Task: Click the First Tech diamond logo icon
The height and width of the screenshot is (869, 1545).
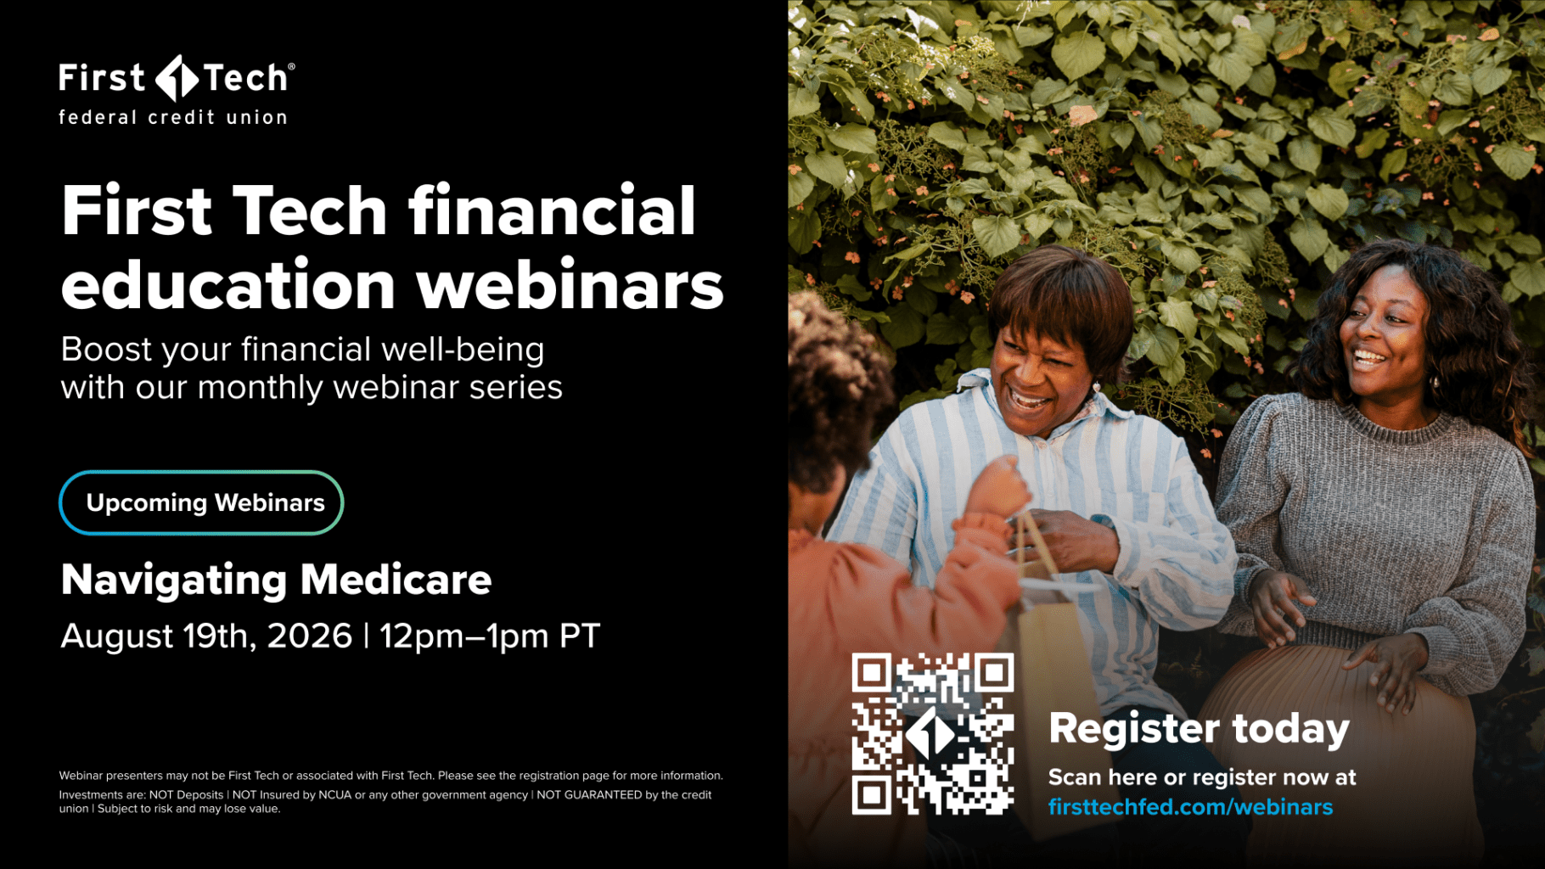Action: (x=177, y=78)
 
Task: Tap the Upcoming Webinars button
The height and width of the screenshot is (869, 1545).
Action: (x=201, y=502)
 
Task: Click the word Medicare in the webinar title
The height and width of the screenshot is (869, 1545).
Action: (x=396, y=580)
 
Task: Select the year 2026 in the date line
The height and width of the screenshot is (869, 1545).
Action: (x=309, y=636)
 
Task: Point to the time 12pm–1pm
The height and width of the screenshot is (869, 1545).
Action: (x=463, y=636)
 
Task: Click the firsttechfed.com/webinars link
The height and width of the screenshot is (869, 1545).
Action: (x=1190, y=807)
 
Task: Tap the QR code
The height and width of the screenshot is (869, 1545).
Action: (x=933, y=734)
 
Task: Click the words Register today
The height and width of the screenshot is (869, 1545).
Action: (x=1199, y=729)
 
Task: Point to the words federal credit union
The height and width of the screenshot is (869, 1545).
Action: (x=173, y=117)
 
